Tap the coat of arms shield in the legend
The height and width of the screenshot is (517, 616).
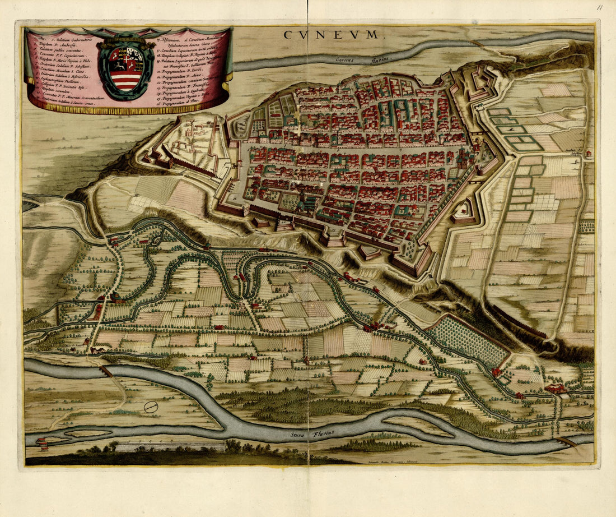tap(127, 69)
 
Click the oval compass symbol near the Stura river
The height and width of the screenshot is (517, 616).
tap(150, 407)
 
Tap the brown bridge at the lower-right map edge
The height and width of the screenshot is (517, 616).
tap(568, 441)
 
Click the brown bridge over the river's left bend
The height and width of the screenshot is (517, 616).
tap(105, 371)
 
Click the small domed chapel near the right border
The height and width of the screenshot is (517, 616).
tap(587, 153)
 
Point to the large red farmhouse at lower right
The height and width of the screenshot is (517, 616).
tap(555, 389)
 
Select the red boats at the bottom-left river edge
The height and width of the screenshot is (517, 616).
tap(43, 443)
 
